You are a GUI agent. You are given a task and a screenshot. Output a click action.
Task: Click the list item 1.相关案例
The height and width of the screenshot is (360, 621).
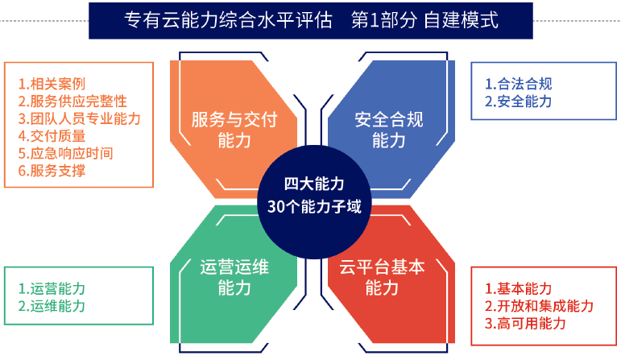pos(52,84)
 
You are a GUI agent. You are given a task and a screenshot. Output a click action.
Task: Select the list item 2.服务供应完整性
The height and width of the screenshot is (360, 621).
pos(72,101)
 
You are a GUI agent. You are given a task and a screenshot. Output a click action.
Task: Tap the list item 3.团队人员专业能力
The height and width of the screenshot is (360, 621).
pos(79,119)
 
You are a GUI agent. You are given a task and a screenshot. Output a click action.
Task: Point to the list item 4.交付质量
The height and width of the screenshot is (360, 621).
pos(52,136)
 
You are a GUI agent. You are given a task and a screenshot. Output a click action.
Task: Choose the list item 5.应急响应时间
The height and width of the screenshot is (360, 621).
pos(65,154)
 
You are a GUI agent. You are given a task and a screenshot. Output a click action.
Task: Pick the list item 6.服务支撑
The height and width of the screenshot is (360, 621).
pos(52,171)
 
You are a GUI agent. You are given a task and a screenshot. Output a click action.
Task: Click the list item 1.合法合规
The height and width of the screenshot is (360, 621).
pos(519,84)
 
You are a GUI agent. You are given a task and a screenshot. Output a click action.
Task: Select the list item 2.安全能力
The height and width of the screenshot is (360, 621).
pos(519,101)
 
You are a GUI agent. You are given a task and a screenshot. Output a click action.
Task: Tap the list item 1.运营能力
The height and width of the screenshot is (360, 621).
pos(52,288)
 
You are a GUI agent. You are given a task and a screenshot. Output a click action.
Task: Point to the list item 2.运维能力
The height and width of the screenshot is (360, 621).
pos(52,306)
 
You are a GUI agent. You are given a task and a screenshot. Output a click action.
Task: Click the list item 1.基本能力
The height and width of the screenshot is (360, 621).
pos(519,288)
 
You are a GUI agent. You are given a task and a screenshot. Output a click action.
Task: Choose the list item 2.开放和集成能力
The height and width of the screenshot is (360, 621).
pos(539,306)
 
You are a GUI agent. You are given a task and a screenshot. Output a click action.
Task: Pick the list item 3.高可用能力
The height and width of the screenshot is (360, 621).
pos(525,324)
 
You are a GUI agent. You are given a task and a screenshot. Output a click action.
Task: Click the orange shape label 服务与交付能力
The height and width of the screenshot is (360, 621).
pos(234,130)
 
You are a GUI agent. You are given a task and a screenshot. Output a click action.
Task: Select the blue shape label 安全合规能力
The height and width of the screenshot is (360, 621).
pos(389,130)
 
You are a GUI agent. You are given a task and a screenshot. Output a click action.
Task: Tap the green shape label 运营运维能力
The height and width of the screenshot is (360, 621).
pos(234,277)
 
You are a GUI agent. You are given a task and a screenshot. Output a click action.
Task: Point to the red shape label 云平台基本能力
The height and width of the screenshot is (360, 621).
pos(382,277)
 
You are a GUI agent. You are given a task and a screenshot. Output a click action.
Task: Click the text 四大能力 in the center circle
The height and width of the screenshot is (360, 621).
pos(314,184)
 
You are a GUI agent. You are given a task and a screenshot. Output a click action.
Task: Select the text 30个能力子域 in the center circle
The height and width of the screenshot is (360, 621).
pos(314,207)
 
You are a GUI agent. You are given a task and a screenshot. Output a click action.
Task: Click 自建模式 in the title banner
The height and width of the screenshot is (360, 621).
pos(461,20)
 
